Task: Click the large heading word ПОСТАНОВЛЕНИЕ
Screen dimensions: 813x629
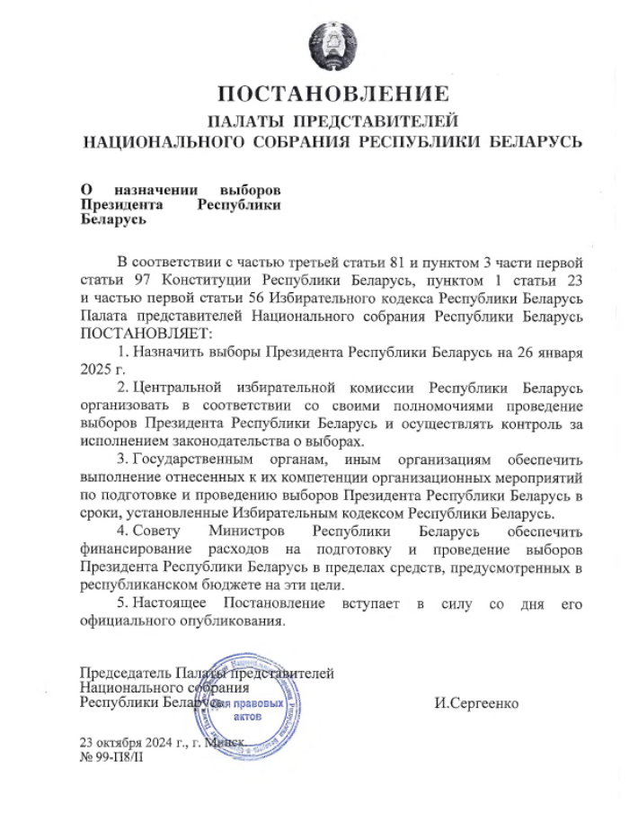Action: (333, 93)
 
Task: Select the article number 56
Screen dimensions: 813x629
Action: (220, 299)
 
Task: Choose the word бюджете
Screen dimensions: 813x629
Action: (241, 585)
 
